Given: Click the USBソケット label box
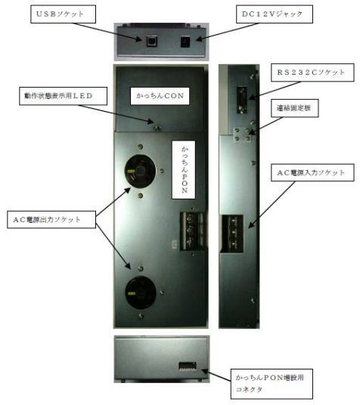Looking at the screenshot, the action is (x=63, y=14).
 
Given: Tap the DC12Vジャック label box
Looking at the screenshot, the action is (x=275, y=14).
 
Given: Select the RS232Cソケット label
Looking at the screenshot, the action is (x=312, y=73).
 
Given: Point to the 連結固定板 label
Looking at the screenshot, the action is (x=294, y=108).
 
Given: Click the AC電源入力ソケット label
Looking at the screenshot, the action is (x=312, y=172).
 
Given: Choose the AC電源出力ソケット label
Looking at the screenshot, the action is (x=51, y=220).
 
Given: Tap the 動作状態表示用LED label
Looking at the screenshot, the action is (x=63, y=96).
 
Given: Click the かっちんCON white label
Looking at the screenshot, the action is (x=160, y=96).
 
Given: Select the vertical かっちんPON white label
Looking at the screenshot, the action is (x=184, y=170).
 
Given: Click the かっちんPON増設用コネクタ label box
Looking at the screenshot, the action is (x=272, y=384).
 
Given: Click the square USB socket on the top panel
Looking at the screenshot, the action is (x=151, y=41).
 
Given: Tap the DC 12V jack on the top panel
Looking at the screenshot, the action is (x=185, y=42).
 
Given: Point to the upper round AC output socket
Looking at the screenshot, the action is (x=140, y=171).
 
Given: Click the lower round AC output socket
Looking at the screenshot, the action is (x=141, y=292).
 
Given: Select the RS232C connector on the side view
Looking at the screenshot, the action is (x=242, y=100).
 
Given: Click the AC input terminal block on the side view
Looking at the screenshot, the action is (x=232, y=233).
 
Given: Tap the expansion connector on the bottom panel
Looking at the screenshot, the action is (x=188, y=366).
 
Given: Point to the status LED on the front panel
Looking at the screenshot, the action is (x=156, y=128).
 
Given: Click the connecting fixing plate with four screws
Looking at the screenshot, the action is (x=243, y=134).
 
